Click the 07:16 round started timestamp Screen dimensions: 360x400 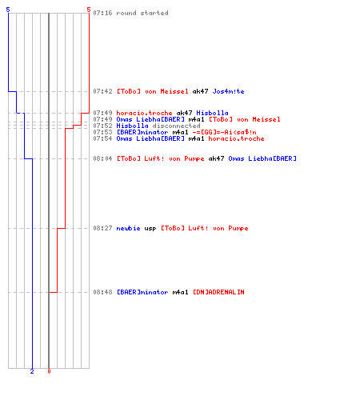102,13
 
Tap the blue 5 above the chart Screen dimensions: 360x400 8,10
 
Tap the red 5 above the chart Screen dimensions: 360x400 89,10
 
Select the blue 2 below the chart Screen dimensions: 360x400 32,371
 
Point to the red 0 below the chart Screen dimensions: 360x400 49,371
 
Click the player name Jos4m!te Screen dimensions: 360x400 228,91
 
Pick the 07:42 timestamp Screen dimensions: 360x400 102,91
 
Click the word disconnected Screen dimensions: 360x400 176,126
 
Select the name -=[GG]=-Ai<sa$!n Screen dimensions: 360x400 224,132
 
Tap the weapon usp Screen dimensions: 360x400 150,228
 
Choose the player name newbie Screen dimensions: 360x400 128,228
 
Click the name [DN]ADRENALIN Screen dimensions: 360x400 218,292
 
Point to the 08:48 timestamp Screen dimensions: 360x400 102,292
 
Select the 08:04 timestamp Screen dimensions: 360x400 102,158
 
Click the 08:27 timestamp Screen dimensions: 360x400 102,228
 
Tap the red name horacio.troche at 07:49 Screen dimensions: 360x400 144,113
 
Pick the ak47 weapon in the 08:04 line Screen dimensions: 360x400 216,158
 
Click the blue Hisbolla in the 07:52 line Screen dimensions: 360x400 132,126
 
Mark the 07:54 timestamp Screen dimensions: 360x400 102,138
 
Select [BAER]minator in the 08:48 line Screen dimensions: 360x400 142,292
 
